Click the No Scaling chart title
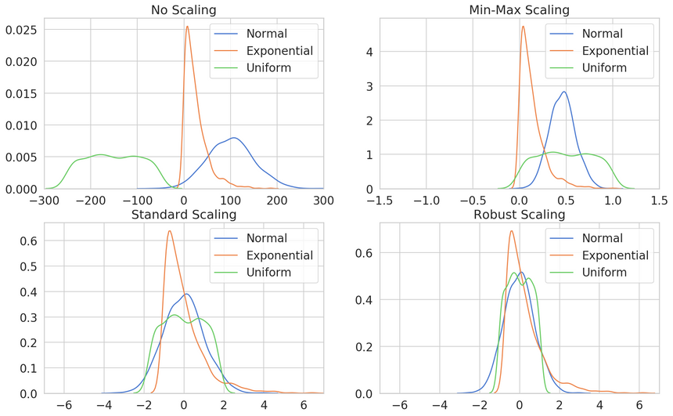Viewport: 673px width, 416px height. pyautogui.click(x=183, y=9)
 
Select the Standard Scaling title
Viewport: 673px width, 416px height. pyautogui.click(x=183, y=214)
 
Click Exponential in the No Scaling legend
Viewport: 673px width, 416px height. pyautogui.click(x=279, y=51)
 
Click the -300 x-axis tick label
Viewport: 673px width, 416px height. pyautogui.click(x=44, y=200)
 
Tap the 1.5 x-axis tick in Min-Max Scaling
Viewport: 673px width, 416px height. pyautogui.click(x=658, y=200)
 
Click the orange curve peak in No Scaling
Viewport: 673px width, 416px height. pyautogui.click(x=187, y=27)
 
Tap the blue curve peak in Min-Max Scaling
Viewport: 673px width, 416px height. pyautogui.click(x=563, y=92)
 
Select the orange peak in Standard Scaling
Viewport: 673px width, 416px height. pyautogui.click(x=169, y=230)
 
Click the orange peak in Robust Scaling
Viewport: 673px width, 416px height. pyautogui.click(x=511, y=230)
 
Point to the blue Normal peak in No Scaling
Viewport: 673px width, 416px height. pyautogui.click(x=233, y=138)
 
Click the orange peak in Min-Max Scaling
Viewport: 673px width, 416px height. pyautogui.click(x=523, y=27)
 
